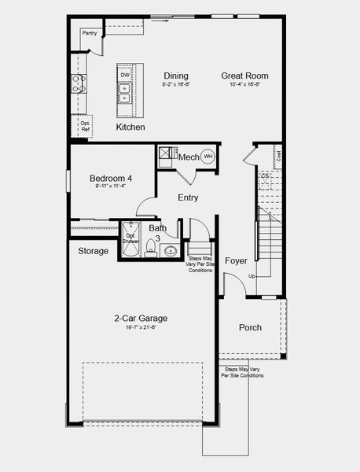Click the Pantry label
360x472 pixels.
pos(90,33)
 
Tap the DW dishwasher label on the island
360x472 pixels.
pos(125,76)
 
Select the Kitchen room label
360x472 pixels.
pos(130,127)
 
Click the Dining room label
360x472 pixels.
pos(176,76)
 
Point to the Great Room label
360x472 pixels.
pos(240,76)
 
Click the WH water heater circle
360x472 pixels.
pos(208,157)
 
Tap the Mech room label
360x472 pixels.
pos(189,157)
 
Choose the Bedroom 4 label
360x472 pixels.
pos(111,179)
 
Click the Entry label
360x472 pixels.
pos(188,197)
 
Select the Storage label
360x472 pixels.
pos(93,252)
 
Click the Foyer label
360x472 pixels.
pos(236,260)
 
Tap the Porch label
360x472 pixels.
pos(250,327)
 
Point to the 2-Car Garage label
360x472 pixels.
pos(141,318)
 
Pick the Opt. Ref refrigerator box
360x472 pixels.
pos(85,126)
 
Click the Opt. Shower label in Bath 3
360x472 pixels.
pos(130,238)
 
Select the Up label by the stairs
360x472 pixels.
pos(252,277)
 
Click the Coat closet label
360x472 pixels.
pos(278,155)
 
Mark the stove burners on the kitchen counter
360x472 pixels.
pos(78,83)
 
